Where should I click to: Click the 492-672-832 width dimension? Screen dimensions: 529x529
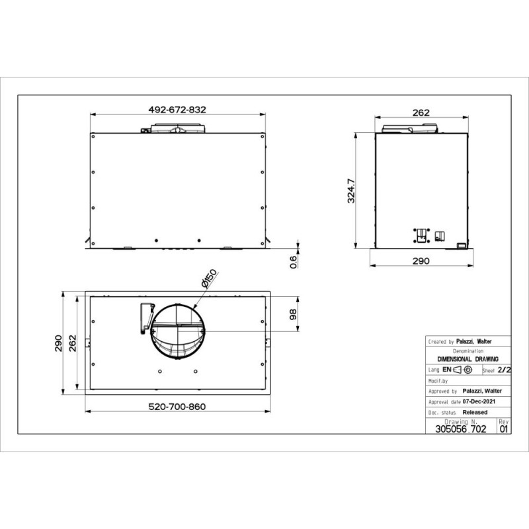[x=177, y=110]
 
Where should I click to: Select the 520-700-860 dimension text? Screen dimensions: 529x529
[x=177, y=407]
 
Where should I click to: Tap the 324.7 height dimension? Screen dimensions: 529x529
[x=351, y=191]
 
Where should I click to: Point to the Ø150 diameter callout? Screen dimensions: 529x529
[x=209, y=278]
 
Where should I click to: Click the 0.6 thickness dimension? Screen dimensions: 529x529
[x=294, y=262]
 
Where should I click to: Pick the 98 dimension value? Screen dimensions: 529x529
[x=293, y=314]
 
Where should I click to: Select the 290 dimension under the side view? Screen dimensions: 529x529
[x=421, y=261]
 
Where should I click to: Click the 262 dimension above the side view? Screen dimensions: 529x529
[x=421, y=112]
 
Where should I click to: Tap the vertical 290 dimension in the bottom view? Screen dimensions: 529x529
[x=58, y=343]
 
